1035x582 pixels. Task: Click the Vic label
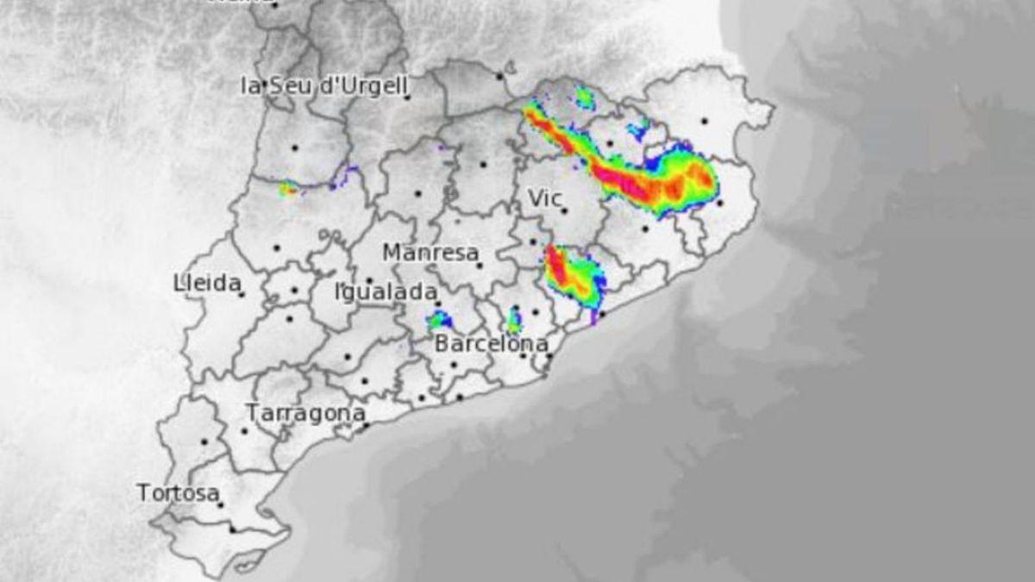click(543, 198)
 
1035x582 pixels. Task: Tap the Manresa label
click(430, 253)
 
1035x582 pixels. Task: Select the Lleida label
click(206, 283)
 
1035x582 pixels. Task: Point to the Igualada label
click(384, 292)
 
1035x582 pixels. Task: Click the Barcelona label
click(490, 344)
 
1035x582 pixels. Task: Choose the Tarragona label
click(304, 413)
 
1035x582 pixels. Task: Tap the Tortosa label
click(177, 493)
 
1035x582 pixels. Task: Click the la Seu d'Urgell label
click(323, 85)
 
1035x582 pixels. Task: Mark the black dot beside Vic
click(564, 210)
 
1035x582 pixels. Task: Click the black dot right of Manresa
click(479, 265)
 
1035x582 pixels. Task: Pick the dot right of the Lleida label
click(242, 295)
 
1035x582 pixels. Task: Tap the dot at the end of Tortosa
click(221, 504)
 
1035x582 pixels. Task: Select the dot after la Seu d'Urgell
click(407, 97)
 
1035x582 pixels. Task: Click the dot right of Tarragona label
click(366, 424)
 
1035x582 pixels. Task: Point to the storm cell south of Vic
click(572, 274)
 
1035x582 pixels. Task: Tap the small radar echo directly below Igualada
click(439, 321)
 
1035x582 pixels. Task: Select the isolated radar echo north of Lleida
click(288, 189)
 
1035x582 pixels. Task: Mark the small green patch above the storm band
click(585, 97)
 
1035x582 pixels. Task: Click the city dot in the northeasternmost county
click(704, 121)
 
